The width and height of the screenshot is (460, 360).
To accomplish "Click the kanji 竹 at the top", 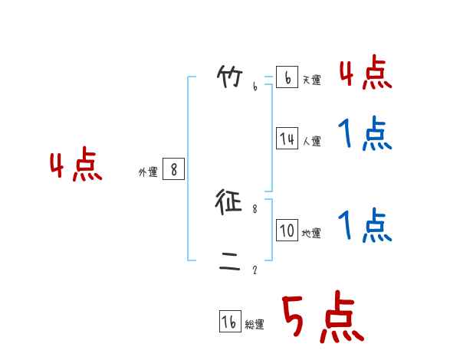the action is click(230, 77).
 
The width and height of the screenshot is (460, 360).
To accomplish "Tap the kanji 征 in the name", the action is click(230, 202).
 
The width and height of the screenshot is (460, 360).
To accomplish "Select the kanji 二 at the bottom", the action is click(230, 264).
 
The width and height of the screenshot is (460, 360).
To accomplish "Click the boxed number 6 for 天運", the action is click(287, 77).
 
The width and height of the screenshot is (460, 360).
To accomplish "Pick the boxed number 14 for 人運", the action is click(287, 139).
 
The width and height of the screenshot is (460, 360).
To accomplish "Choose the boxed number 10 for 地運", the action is click(287, 231).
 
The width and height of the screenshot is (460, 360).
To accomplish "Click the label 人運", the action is click(311, 142).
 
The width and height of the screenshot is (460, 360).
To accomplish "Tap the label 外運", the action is click(148, 173).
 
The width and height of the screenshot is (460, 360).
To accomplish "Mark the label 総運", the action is click(255, 326).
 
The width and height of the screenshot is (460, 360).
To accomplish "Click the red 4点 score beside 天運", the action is click(365, 74).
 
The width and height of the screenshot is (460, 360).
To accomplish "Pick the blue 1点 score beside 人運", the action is click(365, 135).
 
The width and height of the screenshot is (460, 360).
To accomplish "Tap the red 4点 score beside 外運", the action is click(76, 167).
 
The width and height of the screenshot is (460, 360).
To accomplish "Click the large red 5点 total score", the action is click(323, 318).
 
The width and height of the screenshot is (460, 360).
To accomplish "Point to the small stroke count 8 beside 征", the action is click(255, 208).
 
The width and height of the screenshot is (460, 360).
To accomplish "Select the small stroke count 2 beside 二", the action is click(255, 270).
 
